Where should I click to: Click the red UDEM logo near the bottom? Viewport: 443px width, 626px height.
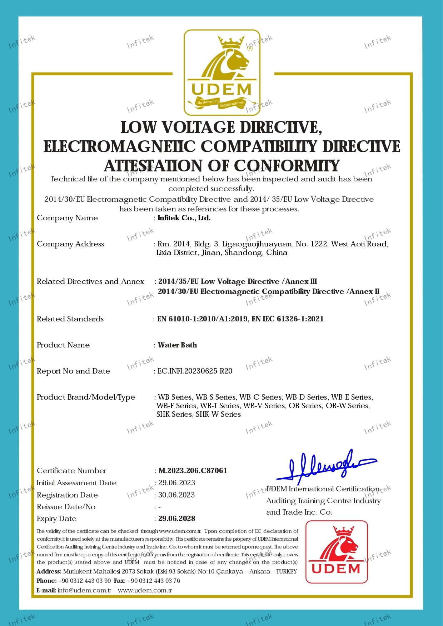click(x=337, y=551)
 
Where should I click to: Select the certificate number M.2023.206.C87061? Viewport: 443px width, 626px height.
click(x=193, y=471)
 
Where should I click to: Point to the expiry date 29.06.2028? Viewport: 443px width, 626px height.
click(x=177, y=519)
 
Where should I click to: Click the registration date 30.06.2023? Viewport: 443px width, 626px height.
click(x=176, y=495)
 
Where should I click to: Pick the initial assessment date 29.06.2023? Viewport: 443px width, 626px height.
click(x=177, y=483)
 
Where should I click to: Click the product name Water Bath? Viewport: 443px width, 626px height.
click(x=177, y=345)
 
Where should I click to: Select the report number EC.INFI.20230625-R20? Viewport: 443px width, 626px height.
click(x=195, y=371)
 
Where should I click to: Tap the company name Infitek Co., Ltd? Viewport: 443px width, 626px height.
click(x=184, y=218)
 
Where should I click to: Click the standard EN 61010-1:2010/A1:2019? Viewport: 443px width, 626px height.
click(x=203, y=319)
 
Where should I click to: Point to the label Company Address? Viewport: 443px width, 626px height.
click(x=70, y=244)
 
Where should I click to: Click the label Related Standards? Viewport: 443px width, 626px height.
click(x=70, y=319)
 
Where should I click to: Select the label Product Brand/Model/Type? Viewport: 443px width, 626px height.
click(x=86, y=397)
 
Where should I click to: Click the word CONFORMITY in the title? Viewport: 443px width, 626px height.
click(x=287, y=166)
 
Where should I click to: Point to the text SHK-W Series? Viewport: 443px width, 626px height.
click(x=218, y=414)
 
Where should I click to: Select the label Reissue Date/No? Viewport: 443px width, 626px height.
click(x=66, y=507)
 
